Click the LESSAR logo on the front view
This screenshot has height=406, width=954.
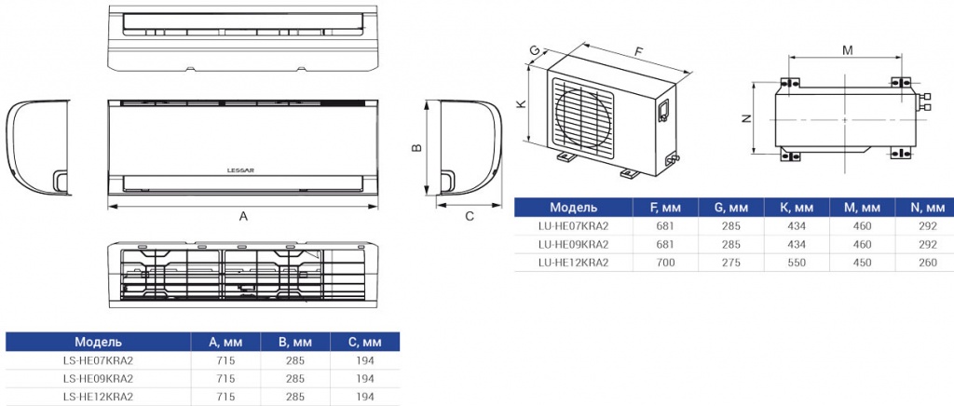click(x=242, y=170)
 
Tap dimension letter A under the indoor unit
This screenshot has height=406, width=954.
click(x=243, y=216)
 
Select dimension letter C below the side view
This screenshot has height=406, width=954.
click(x=470, y=216)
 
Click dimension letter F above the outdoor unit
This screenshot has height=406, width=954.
click(x=638, y=51)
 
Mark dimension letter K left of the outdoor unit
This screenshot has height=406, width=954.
click(x=520, y=104)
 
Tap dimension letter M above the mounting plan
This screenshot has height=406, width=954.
click(x=847, y=50)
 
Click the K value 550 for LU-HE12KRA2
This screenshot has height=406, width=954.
click(x=796, y=263)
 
